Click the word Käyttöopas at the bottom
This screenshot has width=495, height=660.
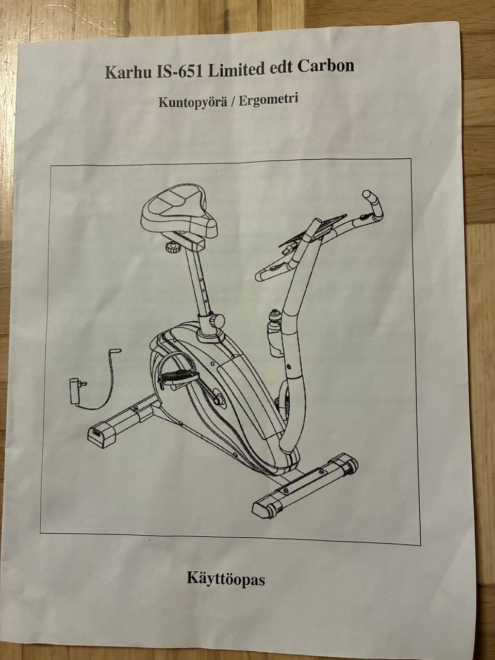click(226, 579)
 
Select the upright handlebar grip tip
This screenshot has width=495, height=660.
click(370, 197)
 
